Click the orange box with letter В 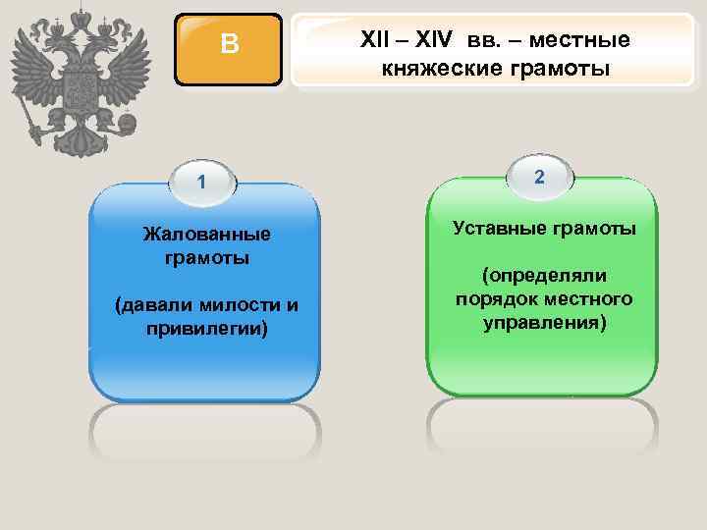tap(229, 45)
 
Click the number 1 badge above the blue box tap(201, 182)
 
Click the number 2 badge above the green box tap(539, 176)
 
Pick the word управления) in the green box tap(544, 322)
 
